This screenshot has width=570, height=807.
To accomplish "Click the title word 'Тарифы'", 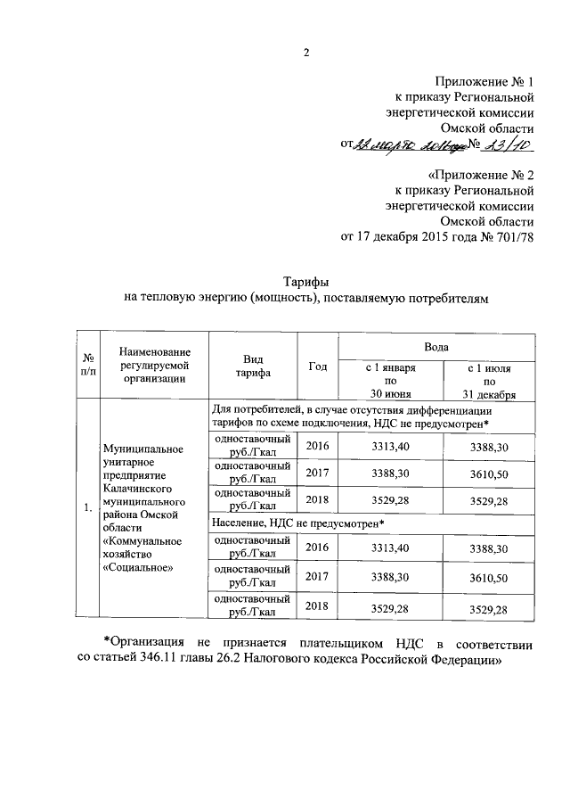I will coord(307,282).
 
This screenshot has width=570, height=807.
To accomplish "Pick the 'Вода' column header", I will coord(436,346).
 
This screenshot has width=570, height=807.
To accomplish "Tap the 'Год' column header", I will coord(317,366).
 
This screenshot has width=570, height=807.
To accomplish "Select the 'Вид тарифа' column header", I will coord(253,366).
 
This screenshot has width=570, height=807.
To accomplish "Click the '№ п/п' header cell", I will coord(88,366).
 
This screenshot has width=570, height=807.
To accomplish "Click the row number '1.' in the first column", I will coord(87,508).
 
